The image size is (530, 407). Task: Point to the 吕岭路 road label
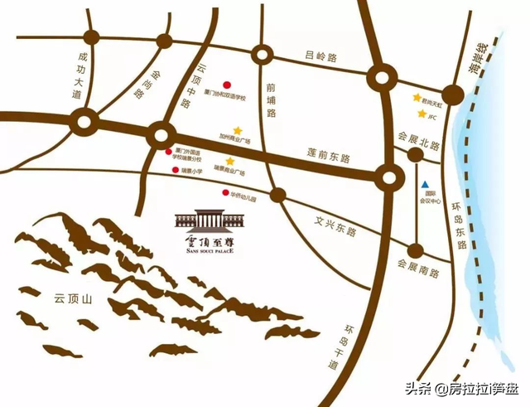319,57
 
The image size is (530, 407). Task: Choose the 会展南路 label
417,270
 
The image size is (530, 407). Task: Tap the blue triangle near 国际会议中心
424,184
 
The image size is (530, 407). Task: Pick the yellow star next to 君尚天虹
417,97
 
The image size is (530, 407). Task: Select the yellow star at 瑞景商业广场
229,161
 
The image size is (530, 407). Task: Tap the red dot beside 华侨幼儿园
224,194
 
